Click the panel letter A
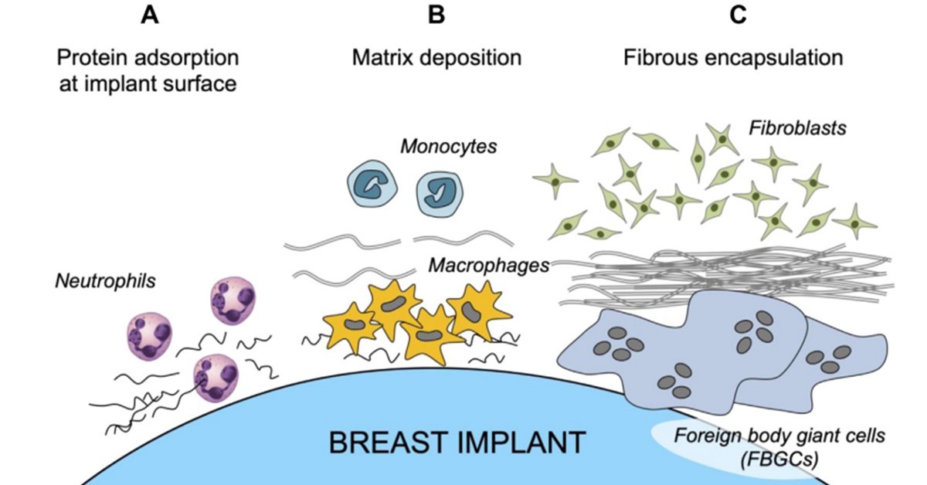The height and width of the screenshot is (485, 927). (149, 15)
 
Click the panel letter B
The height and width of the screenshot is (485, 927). (436, 15)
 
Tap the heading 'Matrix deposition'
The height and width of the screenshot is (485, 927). (436, 57)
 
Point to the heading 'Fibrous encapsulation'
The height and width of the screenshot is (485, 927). (733, 57)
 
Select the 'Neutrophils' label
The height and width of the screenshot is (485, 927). (105, 280)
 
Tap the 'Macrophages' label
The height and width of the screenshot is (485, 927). (488, 266)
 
